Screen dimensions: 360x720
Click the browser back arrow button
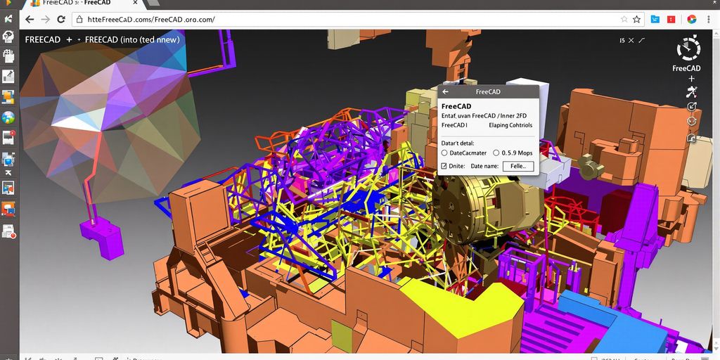30,20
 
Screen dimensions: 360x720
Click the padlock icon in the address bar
79,20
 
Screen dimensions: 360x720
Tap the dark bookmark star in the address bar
637,20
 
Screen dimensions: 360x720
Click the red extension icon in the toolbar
672,20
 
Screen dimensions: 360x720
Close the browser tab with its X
135,3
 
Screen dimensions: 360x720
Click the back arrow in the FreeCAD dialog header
445,92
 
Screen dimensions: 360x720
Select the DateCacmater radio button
444,153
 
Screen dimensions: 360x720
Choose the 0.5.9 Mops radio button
496,153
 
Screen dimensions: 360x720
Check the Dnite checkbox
444,166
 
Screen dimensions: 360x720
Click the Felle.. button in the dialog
518,166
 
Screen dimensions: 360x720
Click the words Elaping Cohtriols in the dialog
510,125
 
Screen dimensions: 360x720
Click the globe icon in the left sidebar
8,117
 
